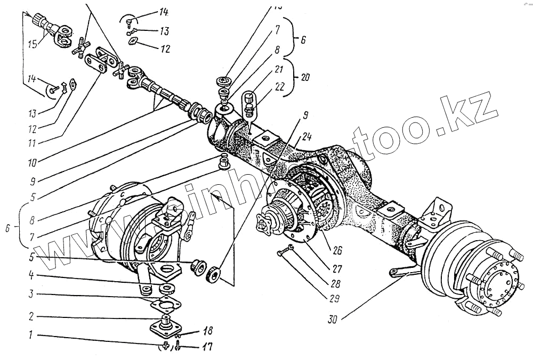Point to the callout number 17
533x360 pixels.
(206, 347)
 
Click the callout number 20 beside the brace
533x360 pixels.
(305, 77)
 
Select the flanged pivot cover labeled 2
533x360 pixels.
(165, 325)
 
